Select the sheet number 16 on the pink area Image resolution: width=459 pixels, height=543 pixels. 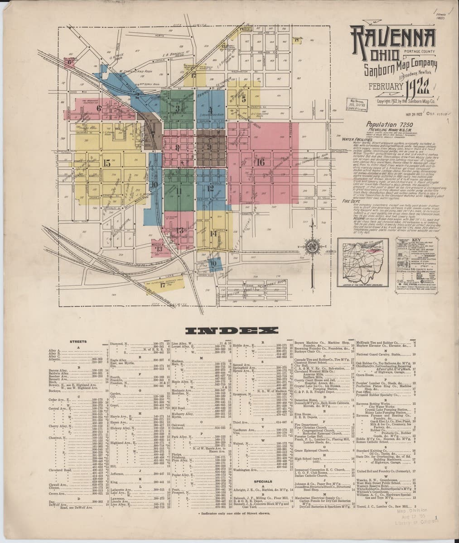[261, 162]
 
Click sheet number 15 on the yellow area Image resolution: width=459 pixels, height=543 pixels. [107, 163]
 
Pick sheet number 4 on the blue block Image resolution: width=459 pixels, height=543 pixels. [210, 109]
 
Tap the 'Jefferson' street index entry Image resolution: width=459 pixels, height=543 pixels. [117, 474]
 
